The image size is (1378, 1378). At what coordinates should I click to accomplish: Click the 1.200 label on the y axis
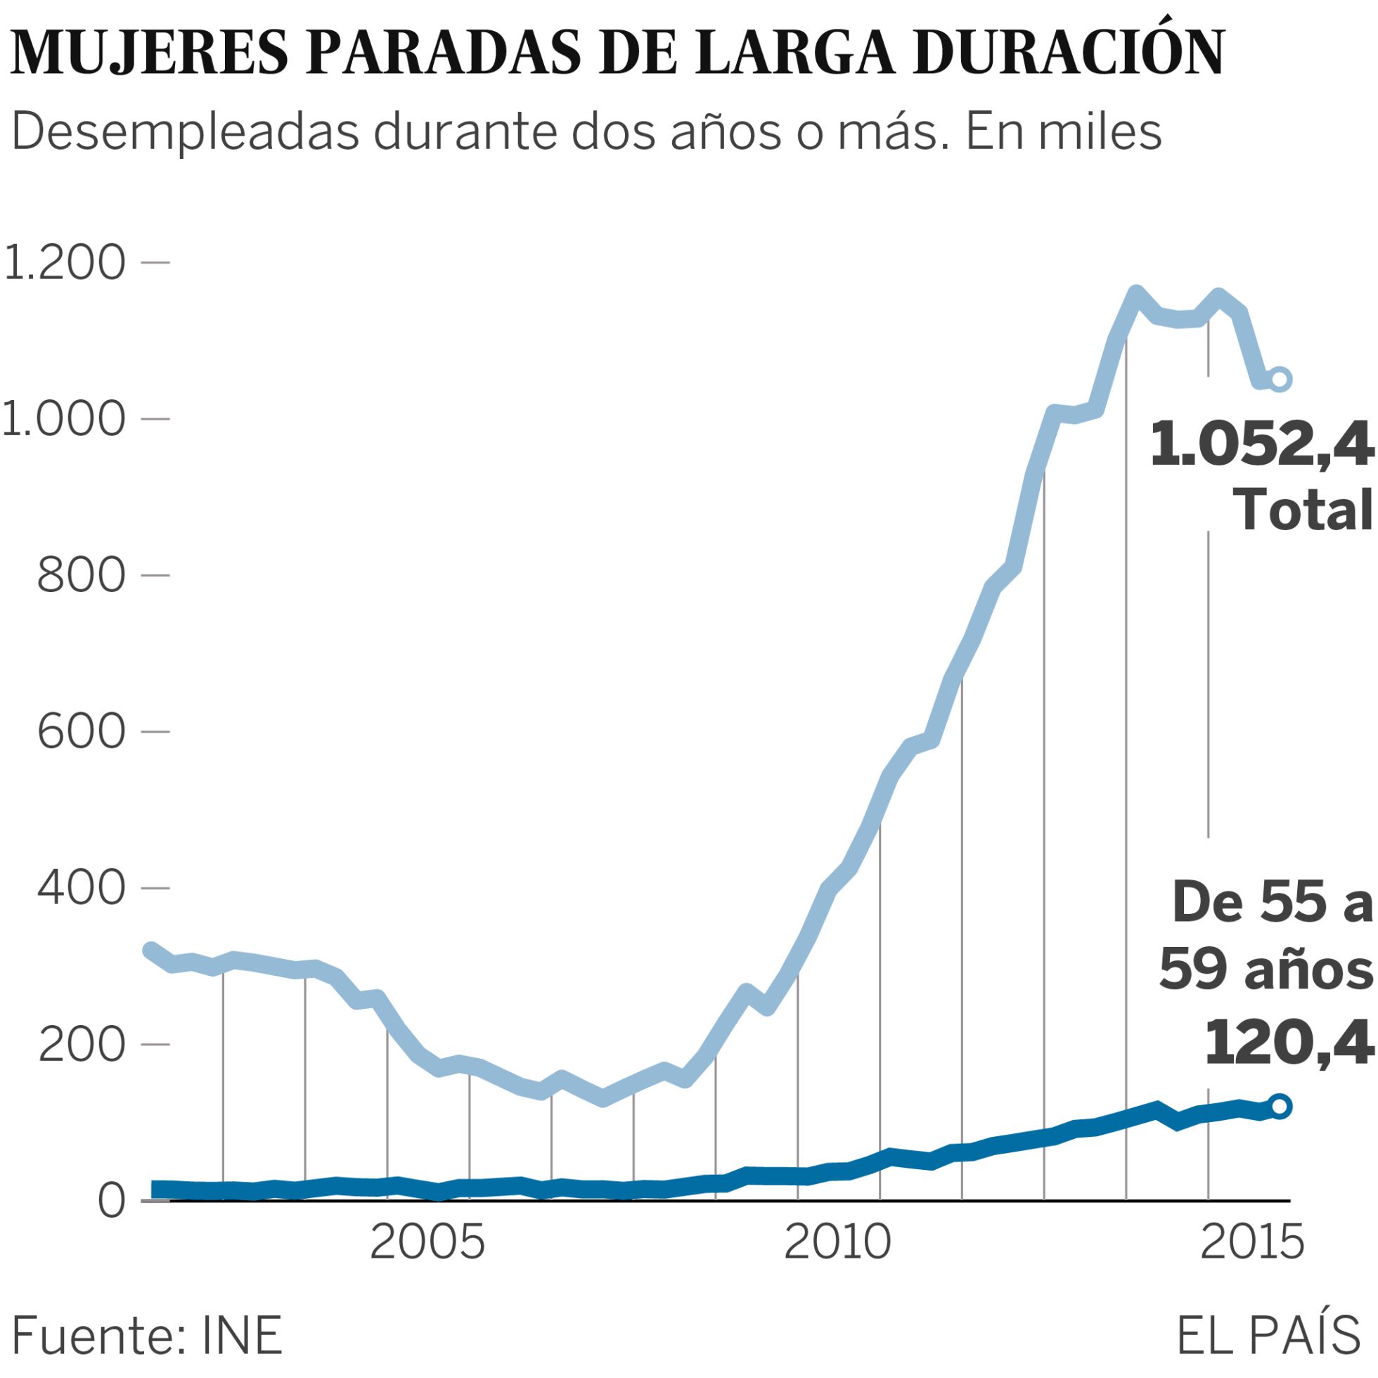point(65,262)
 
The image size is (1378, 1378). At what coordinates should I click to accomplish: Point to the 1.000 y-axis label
point(65,419)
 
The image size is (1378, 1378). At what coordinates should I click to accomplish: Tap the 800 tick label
point(82,575)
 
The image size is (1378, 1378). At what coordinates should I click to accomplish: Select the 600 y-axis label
point(82,732)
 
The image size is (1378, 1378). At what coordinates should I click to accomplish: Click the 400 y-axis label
point(82,888)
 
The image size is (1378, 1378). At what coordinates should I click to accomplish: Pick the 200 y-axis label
point(82,1045)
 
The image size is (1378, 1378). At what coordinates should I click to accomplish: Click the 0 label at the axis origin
point(111,1201)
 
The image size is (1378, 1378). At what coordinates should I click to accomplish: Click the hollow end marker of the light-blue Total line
point(1280,379)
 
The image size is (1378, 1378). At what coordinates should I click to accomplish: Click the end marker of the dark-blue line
point(1280,1106)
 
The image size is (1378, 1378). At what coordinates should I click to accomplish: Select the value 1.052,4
point(1261,444)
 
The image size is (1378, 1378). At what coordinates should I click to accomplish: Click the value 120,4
point(1288,1042)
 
